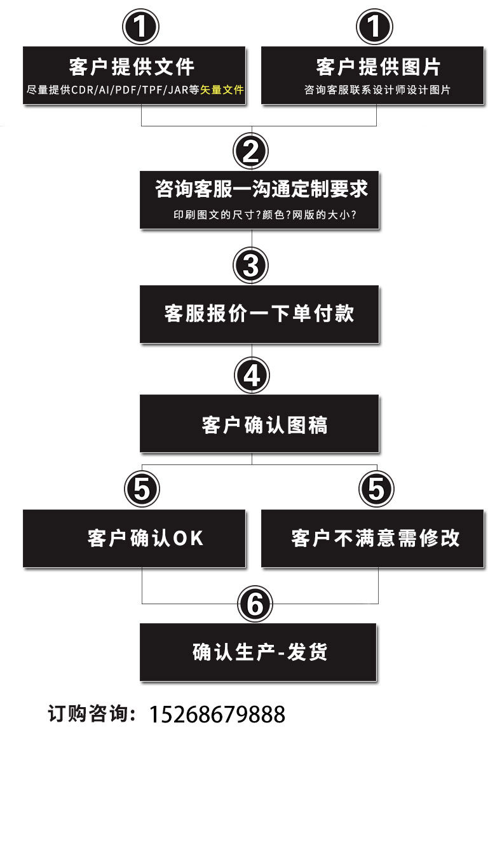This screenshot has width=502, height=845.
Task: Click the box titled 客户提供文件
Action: (x=134, y=75)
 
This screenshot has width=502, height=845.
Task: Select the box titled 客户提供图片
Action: (x=372, y=75)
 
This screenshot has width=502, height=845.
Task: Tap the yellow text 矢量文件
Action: (x=222, y=90)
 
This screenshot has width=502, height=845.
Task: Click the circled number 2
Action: (x=251, y=151)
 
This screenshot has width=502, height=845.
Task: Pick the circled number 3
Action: (x=251, y=265)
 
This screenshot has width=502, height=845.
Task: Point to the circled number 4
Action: (x=252, y=376)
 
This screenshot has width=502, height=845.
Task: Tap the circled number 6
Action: (x=255, y=604)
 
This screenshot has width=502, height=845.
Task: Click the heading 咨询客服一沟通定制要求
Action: (x=261, y=189)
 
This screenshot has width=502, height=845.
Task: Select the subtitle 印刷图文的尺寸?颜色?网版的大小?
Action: (x=264, y=215)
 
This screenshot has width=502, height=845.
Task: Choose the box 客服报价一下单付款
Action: (x=259, y=314)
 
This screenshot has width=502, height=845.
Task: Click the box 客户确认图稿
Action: (x=259, y=424)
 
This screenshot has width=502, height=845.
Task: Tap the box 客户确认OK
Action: (x=134, y=538)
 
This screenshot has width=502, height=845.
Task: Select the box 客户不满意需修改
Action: (x=372, y=538)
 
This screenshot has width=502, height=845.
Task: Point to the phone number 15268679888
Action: (x=217, y=715)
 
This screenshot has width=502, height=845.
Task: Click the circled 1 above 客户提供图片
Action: (x=375, y=27)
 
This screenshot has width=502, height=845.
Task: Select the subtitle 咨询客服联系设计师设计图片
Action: (x=377, y=90)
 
